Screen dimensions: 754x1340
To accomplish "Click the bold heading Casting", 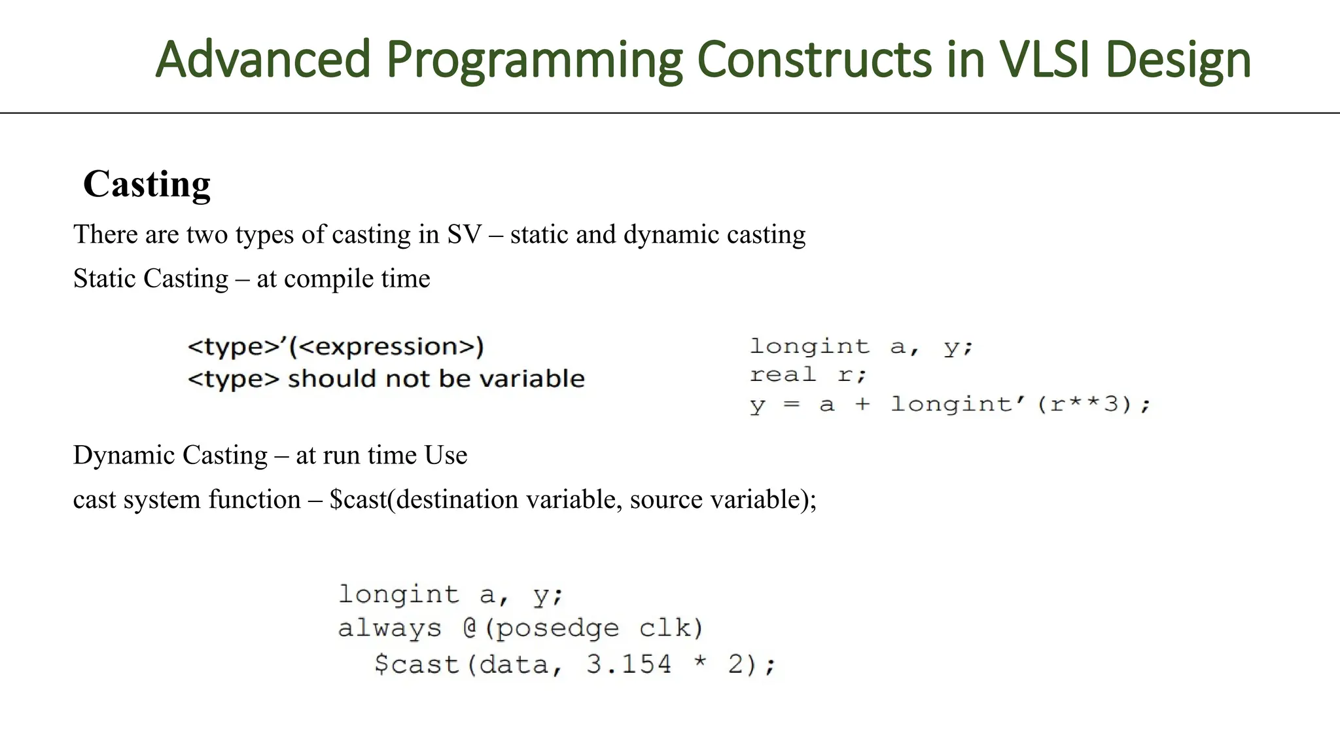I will click(x=147, y=184).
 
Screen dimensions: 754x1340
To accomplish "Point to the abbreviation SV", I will click(x=464, y=234).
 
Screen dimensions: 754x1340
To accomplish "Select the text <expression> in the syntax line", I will click(x=387, y=347).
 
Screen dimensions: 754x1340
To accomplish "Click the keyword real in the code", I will click(x=783, y=375).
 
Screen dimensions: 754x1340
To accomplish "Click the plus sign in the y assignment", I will click(x=862, y=404).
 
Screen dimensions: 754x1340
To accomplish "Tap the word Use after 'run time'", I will click(x=446, y=456).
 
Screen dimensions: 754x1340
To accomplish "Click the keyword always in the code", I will click(x=389, y=628).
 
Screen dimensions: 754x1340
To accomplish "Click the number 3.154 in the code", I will click(x=628, y=664).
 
